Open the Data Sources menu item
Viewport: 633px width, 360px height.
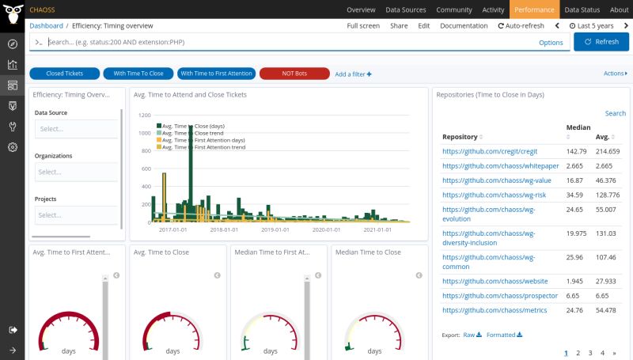point(405,9)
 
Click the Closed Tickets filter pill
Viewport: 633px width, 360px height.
point(66,74)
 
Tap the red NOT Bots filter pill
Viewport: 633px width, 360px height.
point(294,74)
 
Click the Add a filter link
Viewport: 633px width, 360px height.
point(353,74)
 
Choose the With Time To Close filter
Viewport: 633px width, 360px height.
point(138,74)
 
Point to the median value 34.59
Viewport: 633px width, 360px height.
point(575,195)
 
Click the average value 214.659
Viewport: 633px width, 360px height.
point(608,151)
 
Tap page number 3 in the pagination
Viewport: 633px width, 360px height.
point(590,353)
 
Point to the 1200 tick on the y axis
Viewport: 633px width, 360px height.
point(145,115)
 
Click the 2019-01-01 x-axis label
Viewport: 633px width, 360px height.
point(277,229)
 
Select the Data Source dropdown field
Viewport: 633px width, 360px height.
point(76,129)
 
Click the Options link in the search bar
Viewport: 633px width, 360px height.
point(551,43)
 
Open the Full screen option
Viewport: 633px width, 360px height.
point(363,26)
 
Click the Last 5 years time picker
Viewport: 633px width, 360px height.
point(593,26)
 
